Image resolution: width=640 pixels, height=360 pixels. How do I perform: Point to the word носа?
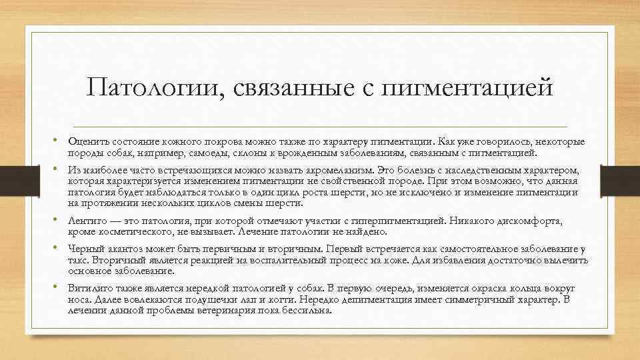[x=78, y=300]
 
